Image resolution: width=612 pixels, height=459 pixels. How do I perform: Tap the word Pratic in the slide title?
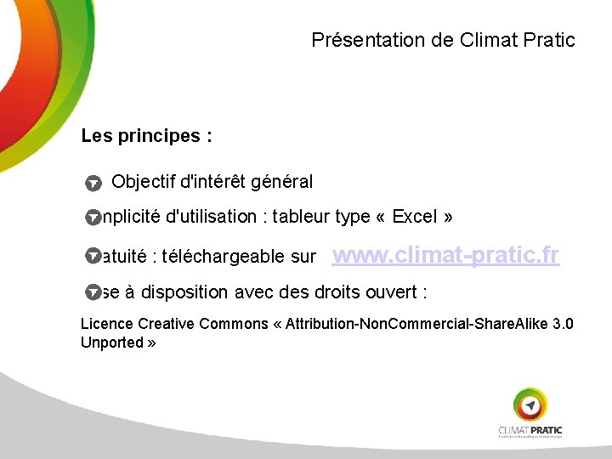[x=547, y=40]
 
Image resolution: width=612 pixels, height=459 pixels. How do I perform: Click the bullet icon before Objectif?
[x=93, y=183]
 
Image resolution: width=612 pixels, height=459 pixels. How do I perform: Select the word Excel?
[x=414, y=217]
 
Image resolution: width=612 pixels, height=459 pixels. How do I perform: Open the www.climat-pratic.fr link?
[x=445, y=255]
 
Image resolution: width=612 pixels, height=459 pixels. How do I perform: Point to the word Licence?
[x=106, y=324]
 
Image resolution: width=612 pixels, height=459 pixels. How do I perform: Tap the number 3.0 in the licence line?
[x=563, y=324]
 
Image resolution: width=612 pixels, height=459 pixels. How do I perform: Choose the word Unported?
[x=112, y=343]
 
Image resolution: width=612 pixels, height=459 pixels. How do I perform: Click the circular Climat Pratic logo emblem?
[x=530, y=405]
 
